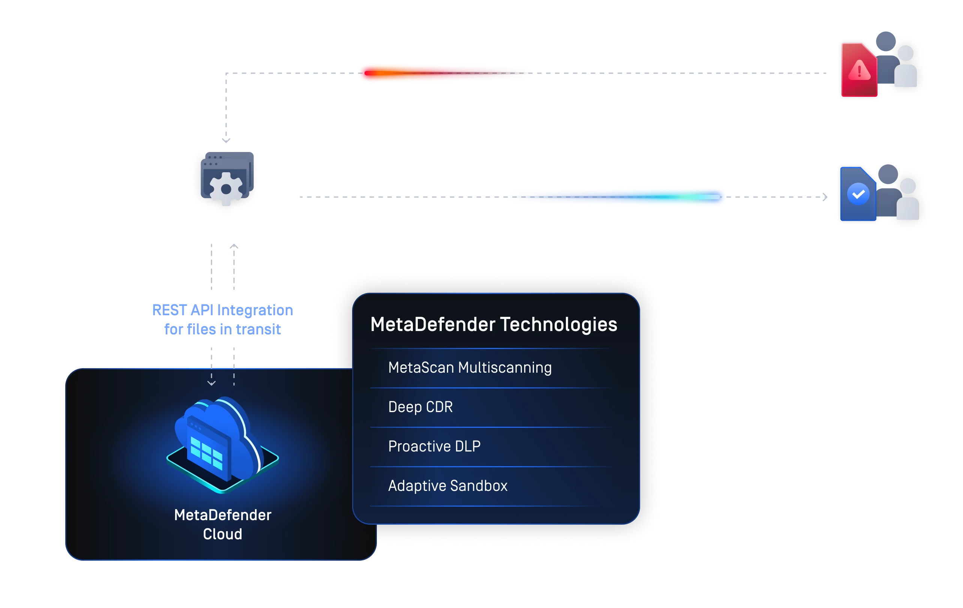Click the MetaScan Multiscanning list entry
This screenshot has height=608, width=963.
point(469,368)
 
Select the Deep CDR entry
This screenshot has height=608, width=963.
point(420,407)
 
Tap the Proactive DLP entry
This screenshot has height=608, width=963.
point(434,446)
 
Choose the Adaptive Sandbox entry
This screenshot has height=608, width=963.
point(447,486)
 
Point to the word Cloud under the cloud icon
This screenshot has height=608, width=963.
point(222,534)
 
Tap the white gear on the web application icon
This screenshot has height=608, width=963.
point(226,189)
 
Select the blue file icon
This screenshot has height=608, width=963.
point(857,194)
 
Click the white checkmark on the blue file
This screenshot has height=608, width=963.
point(858,194)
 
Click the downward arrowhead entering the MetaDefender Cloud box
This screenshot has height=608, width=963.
point(211,383)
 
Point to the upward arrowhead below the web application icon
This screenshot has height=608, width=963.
point(234,247)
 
